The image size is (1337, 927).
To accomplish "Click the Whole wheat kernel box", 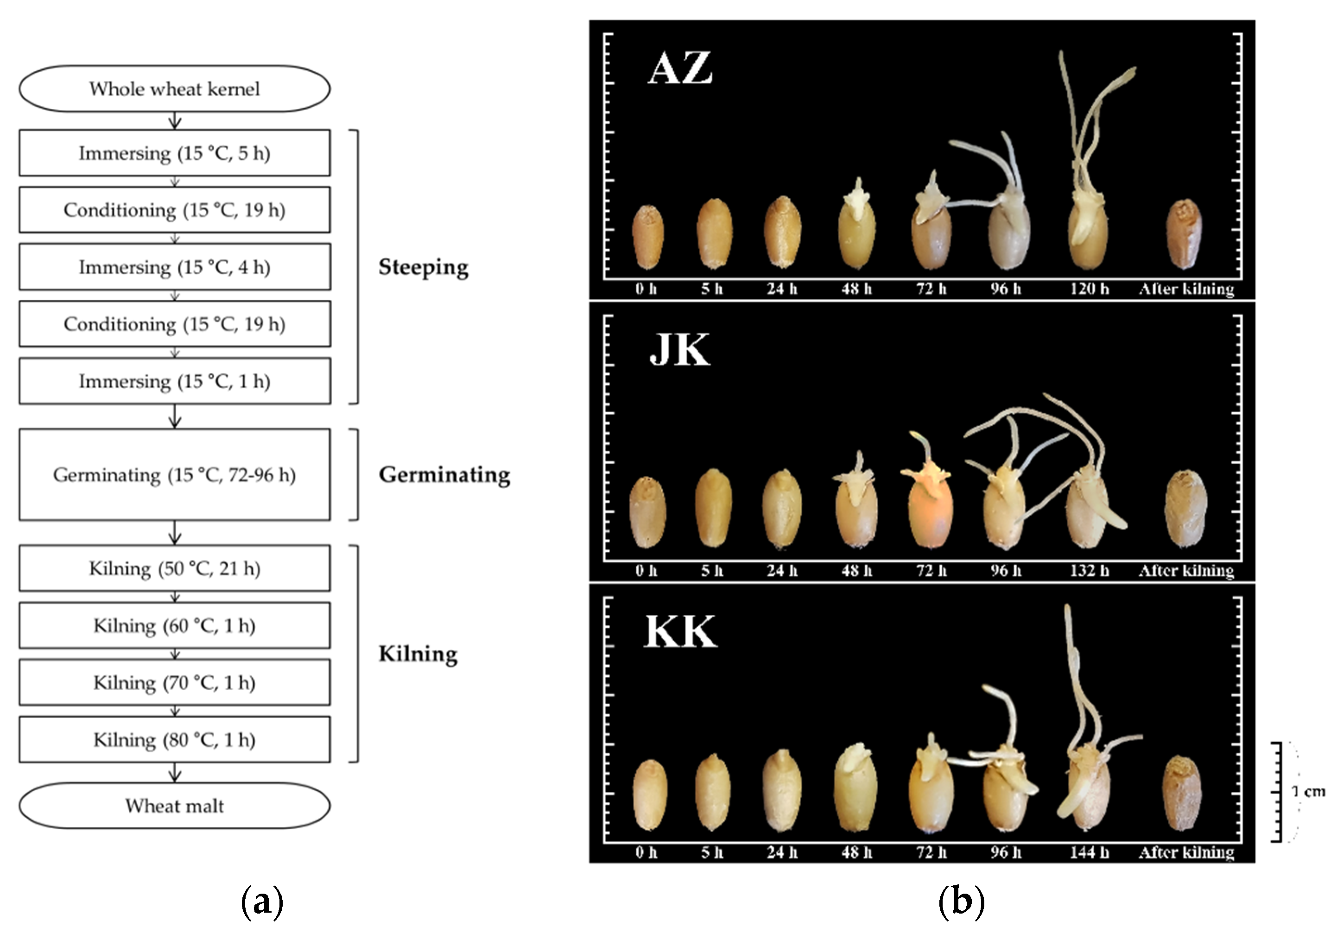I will pos(174,89).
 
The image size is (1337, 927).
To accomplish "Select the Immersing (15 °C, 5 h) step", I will pos(174,153).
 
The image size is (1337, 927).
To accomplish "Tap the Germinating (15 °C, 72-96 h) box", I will pos(174,474).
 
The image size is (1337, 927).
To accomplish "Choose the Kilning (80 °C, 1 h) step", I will pos(174,739).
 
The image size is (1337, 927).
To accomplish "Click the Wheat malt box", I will pos(174,806).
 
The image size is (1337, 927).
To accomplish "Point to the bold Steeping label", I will pos(423,267).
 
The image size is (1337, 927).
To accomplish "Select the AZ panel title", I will pos(679,69).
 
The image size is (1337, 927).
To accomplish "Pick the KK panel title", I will pos(680,631).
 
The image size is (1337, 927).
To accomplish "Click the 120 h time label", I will pos(1090,289).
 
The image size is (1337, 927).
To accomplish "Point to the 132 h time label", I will pos(1090,570).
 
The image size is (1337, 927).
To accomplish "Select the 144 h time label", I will pos(1090,852).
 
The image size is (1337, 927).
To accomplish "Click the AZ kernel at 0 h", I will pos(647,237).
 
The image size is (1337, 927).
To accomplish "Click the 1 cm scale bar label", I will pos(1309,791).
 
